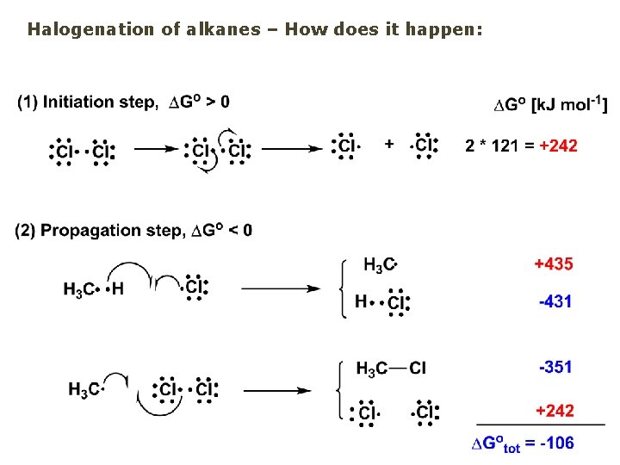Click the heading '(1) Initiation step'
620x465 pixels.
point(86,102)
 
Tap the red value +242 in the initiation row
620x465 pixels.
point(558,146)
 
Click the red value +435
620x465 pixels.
point(554,263)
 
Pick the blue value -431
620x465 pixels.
point(554,302)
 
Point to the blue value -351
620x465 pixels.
point(555,368)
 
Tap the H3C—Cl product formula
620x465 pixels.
point(391,369)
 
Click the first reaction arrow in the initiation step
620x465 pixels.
point(156,149)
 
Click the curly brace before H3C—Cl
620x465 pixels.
point(345,389)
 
